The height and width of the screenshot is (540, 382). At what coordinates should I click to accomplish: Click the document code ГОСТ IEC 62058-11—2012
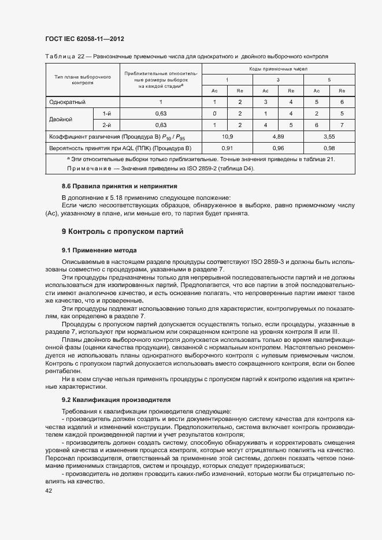pyautogui.click(x=84, y=39)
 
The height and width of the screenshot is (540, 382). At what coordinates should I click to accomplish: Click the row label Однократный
pyautogui.click(x=68, y=102)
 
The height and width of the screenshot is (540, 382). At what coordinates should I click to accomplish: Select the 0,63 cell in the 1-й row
pyautogui.click(x=161, y=113)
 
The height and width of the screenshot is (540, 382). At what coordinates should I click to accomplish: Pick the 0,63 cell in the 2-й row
pyautogui.click(x=161, y=125)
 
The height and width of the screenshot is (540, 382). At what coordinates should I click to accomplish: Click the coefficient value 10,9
pyautogui.click(x=227, y=136)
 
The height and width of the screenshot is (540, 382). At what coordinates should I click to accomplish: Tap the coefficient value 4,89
pyautogui.click(x=278, y=136)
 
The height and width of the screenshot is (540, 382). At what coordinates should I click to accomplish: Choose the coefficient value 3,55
pyautogui.click(x=329, y=136)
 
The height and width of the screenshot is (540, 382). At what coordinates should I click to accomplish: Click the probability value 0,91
pyautogui.click(x=227, y=148)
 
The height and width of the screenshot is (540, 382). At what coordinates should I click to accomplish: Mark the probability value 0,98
pyautogui.click(x=329, y=148)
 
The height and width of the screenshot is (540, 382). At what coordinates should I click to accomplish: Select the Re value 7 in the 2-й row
pyautogui.click(x=342, y=125)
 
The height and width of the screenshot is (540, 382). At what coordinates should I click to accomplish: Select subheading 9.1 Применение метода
pyautogui.click(x=99, y=250)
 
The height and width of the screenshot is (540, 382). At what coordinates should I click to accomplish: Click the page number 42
pyautogui.click(x=49, y=490)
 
